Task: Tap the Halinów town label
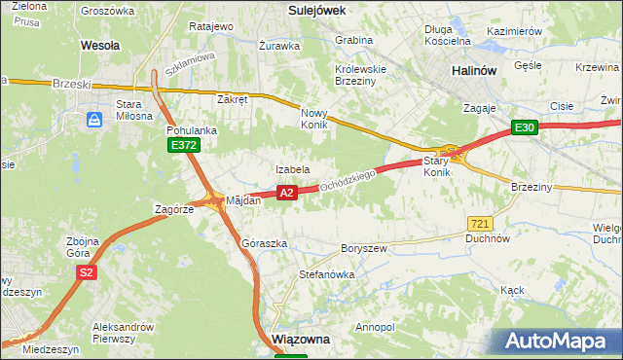(476, 71)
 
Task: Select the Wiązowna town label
(302, 340)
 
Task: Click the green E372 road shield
(183, 145)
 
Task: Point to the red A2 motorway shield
(286, 193)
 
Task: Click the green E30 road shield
(526, 127)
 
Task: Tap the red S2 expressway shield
(87, 272)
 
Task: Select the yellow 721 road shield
(478, 223)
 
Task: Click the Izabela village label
(292, 169)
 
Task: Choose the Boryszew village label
(364, 248)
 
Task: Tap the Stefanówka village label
(326, 274)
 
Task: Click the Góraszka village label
(264, 243)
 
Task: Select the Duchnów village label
(488, 237)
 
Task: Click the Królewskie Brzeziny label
(360, 76)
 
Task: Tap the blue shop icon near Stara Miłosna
(94, 120)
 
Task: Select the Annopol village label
(377, 327)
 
